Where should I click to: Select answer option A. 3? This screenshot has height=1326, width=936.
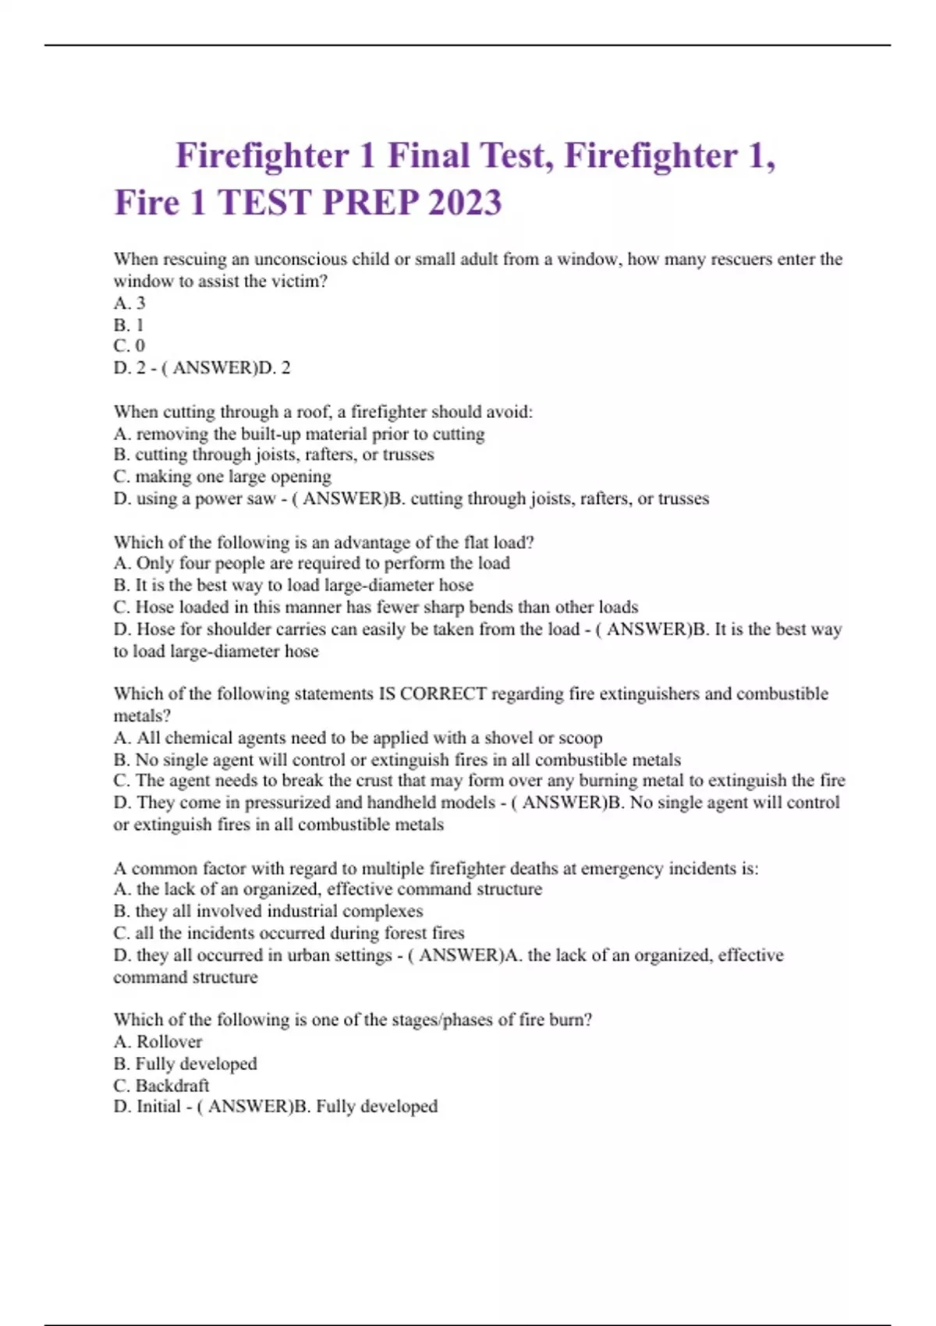[129, 303]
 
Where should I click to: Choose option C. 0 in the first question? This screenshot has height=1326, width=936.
[129, 346]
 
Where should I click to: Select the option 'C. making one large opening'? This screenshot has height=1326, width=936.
[222, 477]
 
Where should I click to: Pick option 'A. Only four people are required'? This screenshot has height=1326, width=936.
[312, 563]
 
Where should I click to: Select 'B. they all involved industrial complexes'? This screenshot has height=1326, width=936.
[268, 911]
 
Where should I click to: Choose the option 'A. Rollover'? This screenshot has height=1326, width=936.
[158, 1042]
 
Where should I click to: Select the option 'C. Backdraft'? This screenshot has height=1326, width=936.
[161, 1086]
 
